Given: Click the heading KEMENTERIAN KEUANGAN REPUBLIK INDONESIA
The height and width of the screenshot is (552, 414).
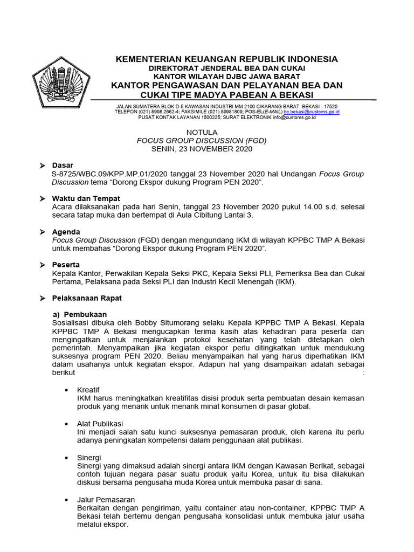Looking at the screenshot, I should coord(226,59).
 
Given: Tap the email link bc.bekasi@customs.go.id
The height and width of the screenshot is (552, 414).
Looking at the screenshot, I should coord(319,112).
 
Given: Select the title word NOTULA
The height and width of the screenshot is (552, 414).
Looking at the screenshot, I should coord(202,132).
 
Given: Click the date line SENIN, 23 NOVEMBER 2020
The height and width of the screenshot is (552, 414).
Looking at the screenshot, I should coord(202,149).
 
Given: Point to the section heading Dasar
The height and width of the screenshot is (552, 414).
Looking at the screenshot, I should coord(63,165).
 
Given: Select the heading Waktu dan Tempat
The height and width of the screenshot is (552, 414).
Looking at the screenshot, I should coord(86,198).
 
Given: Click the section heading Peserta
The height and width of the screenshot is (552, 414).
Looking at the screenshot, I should coord(66,265).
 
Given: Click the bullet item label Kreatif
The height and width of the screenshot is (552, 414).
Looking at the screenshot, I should coord(88,389).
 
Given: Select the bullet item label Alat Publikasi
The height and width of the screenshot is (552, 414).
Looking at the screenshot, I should coord(100,424).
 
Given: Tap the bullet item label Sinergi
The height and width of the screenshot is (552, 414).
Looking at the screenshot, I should coord(89,457).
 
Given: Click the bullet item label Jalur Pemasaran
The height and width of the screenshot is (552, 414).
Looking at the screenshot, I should coord(106,500).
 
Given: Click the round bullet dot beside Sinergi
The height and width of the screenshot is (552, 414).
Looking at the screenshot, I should coord(66,457).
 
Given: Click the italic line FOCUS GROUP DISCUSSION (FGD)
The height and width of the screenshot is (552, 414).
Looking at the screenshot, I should coord(202,140).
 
